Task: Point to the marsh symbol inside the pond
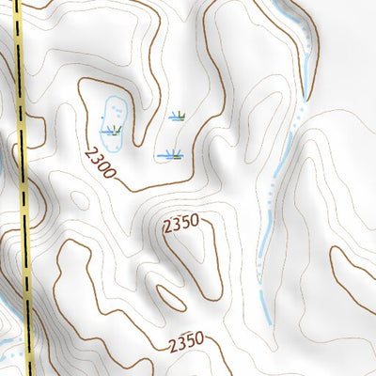114,130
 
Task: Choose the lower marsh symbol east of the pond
170,153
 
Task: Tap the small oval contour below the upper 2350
172,296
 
